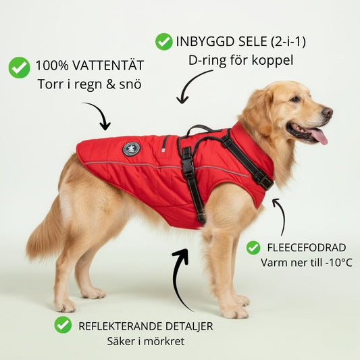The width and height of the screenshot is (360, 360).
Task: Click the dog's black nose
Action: (327, 113)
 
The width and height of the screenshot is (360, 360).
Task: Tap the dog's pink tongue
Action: (319, 136)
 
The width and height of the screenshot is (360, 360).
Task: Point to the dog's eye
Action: (294, 99)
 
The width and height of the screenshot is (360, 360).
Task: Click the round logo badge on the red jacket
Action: (131, 150)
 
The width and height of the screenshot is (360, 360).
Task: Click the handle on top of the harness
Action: (200, 129)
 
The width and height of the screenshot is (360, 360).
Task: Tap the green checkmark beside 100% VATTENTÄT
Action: (20, 68)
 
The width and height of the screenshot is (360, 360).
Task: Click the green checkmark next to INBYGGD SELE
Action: (163, 42)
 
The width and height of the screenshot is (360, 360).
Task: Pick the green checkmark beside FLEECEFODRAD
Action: (253, 248)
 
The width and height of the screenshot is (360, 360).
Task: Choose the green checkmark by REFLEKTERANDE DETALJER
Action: (63, 325)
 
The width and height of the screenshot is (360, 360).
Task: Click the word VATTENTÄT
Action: (108, 66)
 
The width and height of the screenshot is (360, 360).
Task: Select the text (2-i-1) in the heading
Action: (288, 42)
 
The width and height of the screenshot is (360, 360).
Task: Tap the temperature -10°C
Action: (339, 263)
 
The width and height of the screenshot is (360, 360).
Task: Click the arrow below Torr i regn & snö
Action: (99, 113)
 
